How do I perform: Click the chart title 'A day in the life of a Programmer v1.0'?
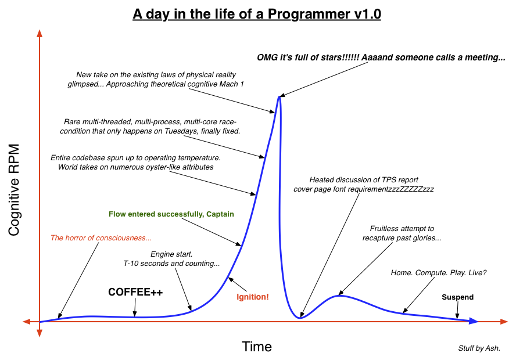click(x=257, y=14)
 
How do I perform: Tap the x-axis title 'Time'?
click(x=256, y=347)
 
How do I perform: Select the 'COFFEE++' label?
click(x=135, y=291)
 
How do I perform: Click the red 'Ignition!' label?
click(x=253, y=297)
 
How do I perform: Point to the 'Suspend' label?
click(x=457, y=297)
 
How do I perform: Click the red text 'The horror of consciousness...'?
click(x=101, y=237)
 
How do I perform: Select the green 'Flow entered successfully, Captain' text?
click(x=171, y=214)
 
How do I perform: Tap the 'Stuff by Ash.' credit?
click(x=479, y=348)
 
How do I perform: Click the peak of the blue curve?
click(x=279, y=96)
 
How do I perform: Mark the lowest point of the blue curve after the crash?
click(x=300, y=317)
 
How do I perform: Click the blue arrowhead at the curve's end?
click(x=474, y=321)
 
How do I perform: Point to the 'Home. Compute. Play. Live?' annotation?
click(x=439, y=273)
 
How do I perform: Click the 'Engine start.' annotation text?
click(x=171, y=254)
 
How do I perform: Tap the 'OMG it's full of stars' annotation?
click(x=381, y=57)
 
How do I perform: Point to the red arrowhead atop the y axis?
click(x=40, y=33)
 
